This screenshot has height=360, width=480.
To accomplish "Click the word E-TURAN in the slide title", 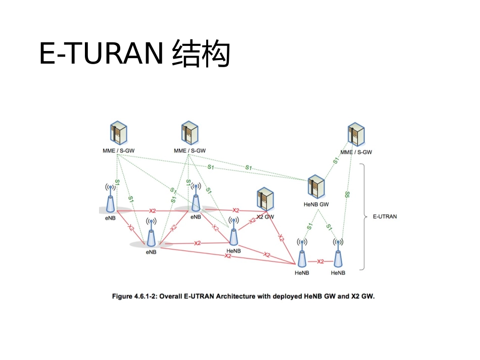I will coord(101,54).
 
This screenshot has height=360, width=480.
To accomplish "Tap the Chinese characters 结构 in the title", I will coord(201,54).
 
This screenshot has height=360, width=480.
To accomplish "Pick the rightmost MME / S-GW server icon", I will coord(357,135).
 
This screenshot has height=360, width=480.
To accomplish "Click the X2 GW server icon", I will coord(265,200).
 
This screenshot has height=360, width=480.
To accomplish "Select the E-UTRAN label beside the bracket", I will coord(385,217).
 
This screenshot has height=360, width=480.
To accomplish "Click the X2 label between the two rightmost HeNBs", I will coord(320,262).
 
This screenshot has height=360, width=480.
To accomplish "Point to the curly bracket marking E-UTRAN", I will coord(364,217).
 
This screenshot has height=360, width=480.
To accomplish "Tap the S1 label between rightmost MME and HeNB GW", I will coord(335,161).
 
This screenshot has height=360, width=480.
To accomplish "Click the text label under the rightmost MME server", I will coord(356,152).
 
